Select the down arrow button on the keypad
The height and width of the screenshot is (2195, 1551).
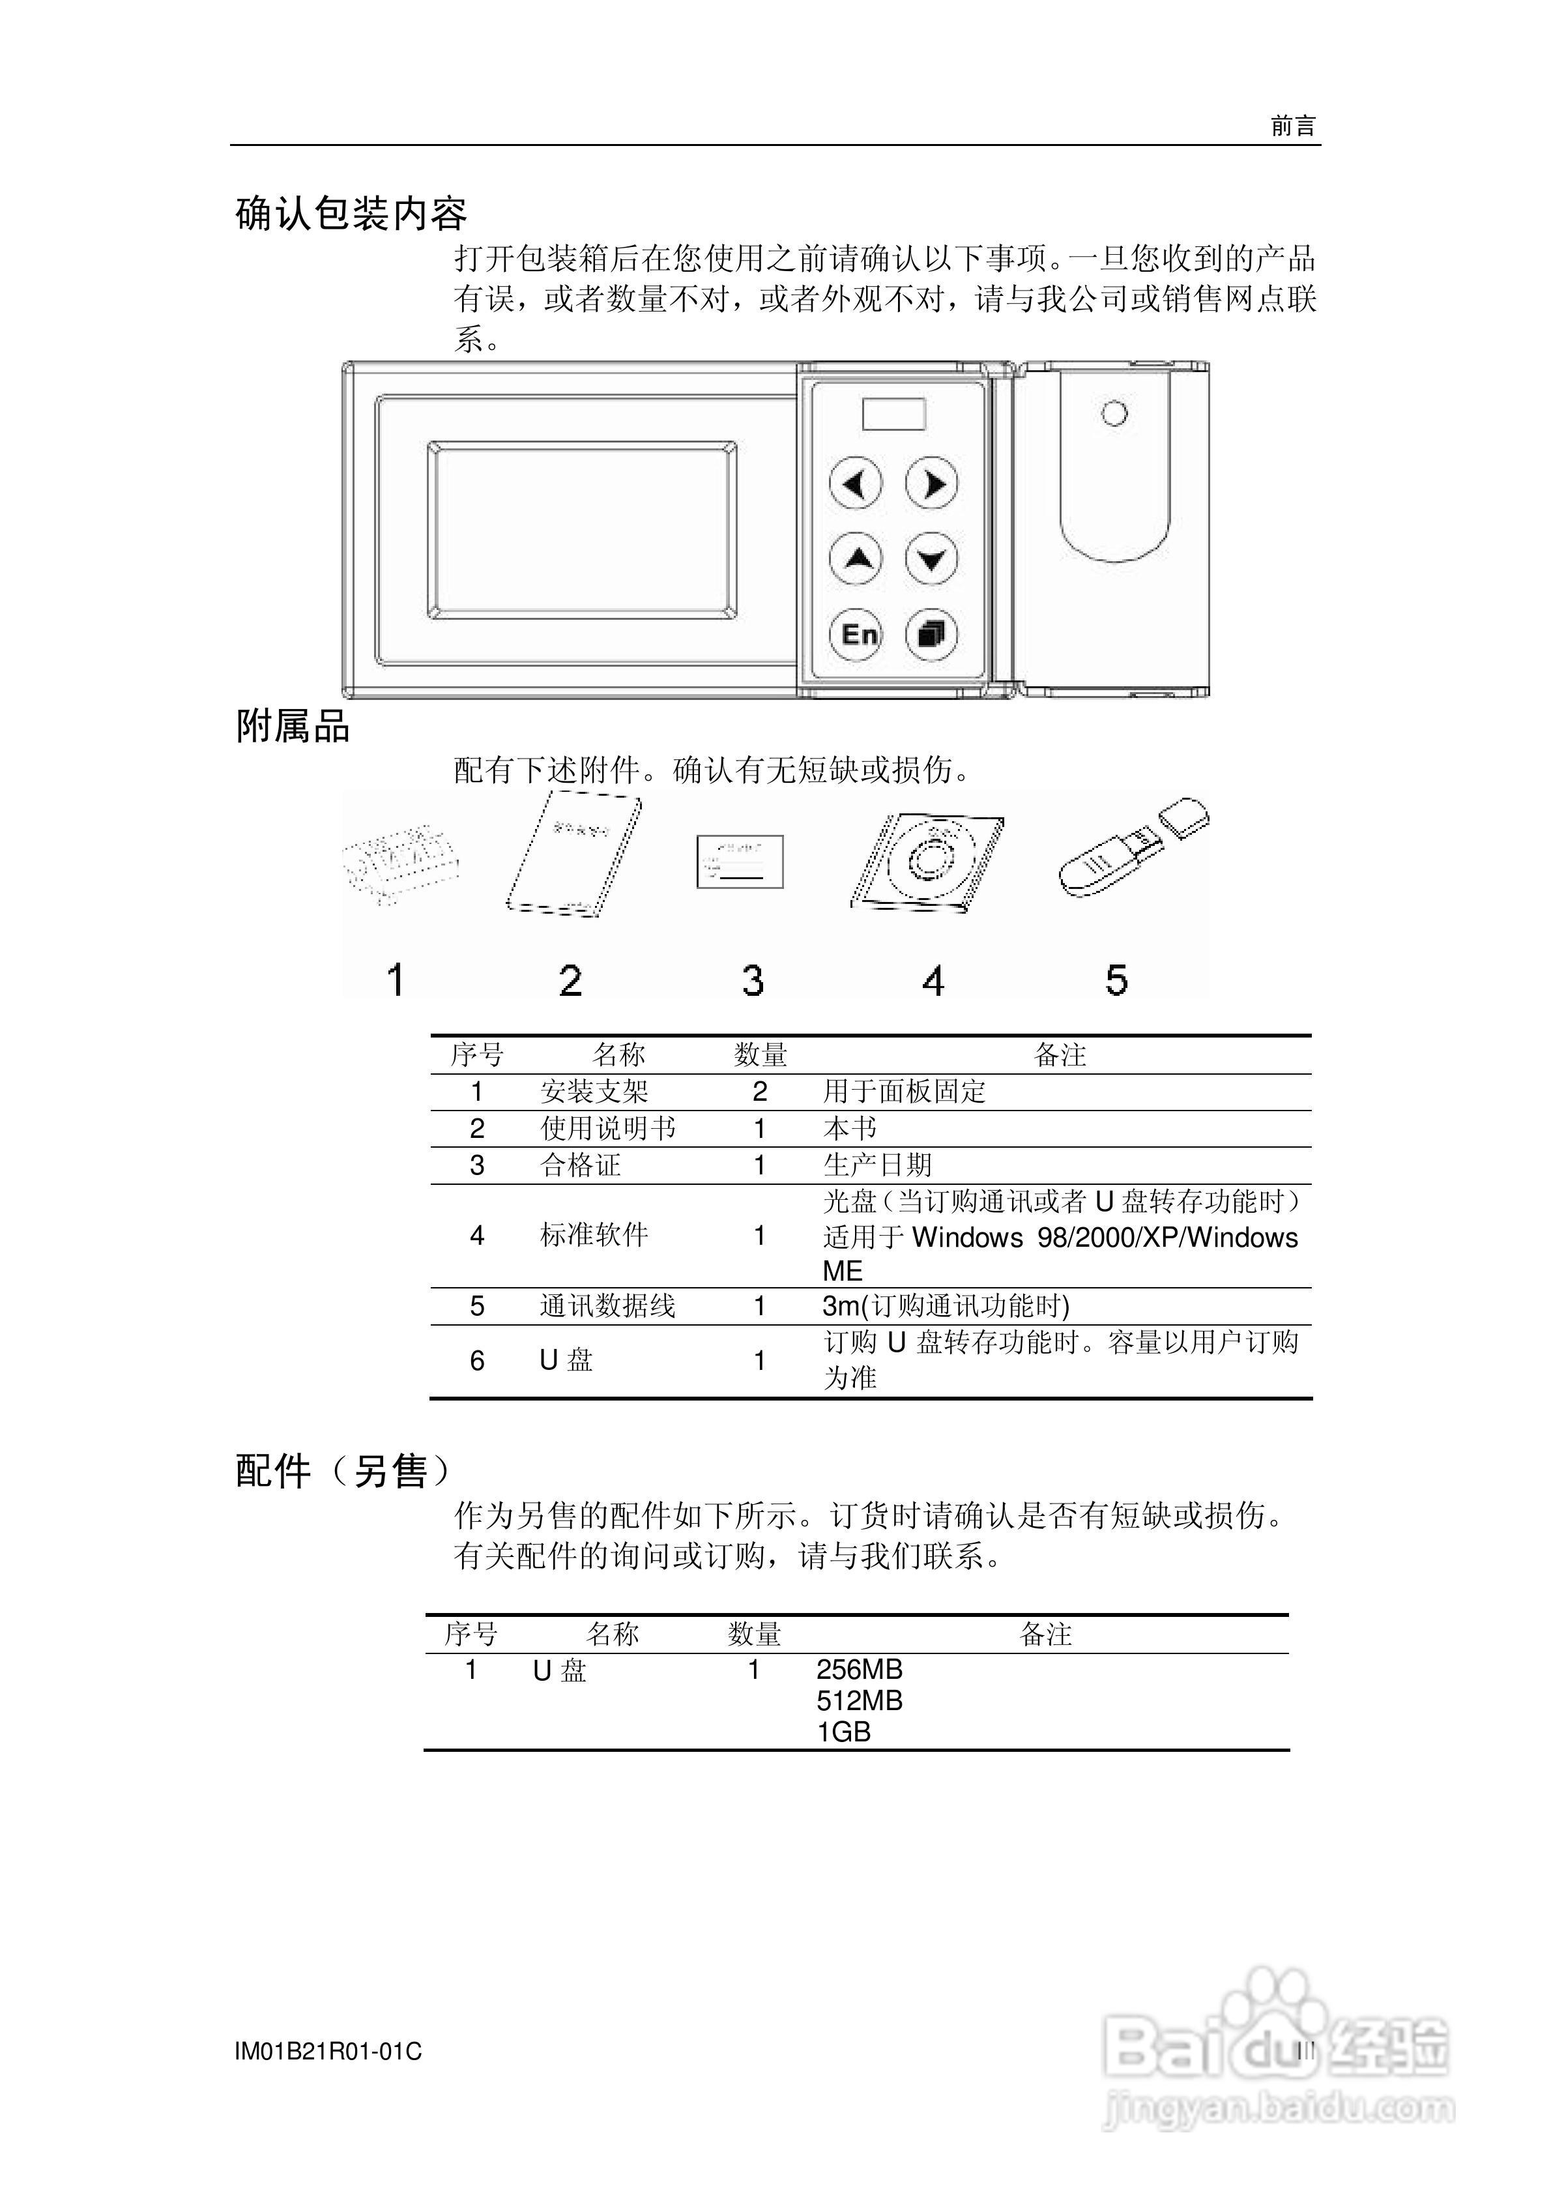point(931,559)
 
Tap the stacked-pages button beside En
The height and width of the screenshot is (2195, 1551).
point(931,634)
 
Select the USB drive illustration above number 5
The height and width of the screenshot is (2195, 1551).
point(1131,847)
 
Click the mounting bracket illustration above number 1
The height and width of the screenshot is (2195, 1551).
point(399,862)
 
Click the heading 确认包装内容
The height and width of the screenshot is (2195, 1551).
point(351,214)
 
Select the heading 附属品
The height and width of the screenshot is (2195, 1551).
point(293,727)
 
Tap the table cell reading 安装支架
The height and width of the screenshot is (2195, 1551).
point(594,1092)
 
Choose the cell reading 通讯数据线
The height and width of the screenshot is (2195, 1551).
point(607,1306)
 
